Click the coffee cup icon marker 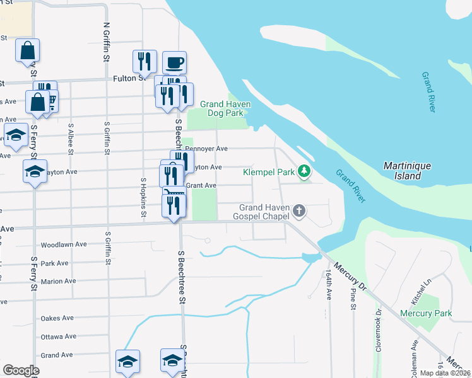click(174, 63)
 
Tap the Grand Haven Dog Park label click(226, 108)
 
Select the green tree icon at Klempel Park click(304, 171)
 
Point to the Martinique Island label click(408, 171)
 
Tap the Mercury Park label click(425, 313)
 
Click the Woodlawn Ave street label click(63, 244)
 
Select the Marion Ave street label click(58, 282)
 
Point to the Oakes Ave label click(57, 319)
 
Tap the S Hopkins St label click(144, 198)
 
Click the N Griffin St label click(106, 42)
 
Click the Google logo click(21, 370)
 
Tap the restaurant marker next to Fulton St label click(145, 62)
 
